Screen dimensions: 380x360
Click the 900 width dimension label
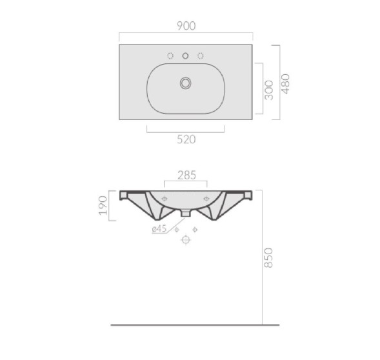point(186,26)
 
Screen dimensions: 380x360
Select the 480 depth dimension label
point(286,84)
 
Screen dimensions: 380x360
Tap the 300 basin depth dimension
point(268,90)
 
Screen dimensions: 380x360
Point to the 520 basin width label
point(186,139)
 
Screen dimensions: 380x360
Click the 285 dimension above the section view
point(186,175)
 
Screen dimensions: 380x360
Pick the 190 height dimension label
point(103,205)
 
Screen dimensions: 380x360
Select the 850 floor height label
point(268,257)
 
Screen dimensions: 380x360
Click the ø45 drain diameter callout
point(159,228)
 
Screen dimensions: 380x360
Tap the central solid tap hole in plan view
point(185,56)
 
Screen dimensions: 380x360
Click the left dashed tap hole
point(170,56)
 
